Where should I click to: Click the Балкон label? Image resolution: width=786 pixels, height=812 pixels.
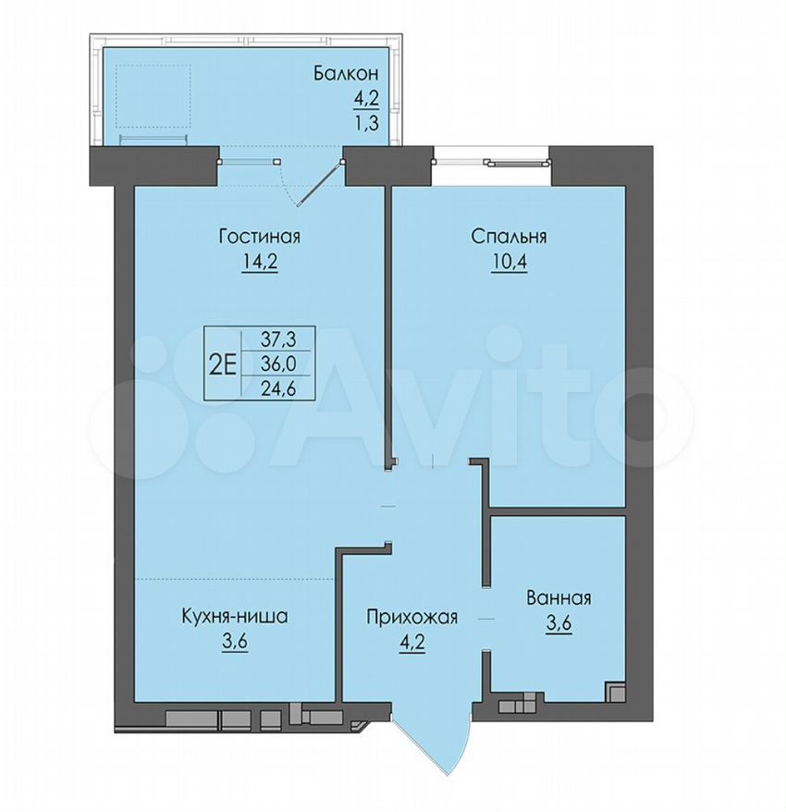[346, 74]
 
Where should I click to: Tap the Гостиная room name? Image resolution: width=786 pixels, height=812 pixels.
[260, 237]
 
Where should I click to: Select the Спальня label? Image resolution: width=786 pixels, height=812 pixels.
[509, 237]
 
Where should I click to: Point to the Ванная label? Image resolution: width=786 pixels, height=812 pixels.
[559, 598]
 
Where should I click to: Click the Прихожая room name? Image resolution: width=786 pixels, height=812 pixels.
[412, 617]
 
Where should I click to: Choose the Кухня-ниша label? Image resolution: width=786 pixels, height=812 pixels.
[235, 616]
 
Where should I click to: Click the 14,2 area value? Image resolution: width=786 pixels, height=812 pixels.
[260, 261]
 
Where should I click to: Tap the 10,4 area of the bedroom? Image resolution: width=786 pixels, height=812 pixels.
[509, 261]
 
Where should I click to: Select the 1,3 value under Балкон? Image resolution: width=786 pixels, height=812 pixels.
[366, 123]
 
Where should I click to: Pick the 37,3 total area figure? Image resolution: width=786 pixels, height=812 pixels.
[277, 339]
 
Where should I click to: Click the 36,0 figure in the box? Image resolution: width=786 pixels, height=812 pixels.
[277, 364]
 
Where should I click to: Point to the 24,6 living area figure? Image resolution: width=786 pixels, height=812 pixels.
[277, 388]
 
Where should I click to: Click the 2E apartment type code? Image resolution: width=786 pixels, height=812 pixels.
[223, 365]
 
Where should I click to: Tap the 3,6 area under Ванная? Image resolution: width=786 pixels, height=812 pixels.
[559, 623]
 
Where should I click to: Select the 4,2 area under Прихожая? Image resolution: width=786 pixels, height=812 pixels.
[412, 643]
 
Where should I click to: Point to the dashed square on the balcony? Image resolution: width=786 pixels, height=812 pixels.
[154, 96]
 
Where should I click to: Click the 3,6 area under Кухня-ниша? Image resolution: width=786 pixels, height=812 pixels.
[235, 641]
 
